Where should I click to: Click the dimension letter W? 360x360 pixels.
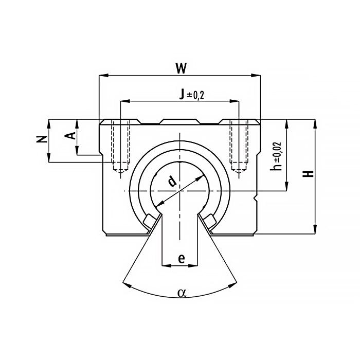(181, 68)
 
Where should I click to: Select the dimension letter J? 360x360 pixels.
(182, 94)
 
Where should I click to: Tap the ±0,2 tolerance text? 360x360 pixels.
(195, 95)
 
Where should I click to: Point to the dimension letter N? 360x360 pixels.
(42, 139)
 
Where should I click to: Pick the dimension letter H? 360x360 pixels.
(308, 174)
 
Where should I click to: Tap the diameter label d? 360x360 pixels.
(172, 181)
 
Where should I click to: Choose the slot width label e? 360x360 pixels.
(182, 259)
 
